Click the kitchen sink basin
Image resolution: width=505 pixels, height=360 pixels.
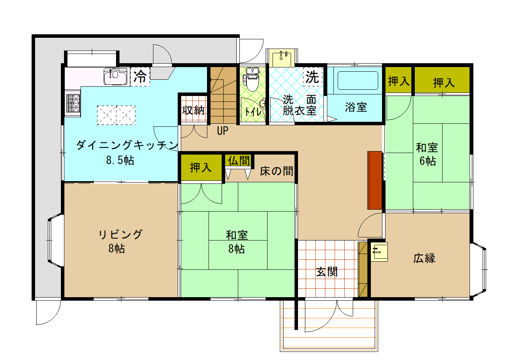(x=115, y=76)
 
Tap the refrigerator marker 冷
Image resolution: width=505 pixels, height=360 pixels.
(x=140, y=76)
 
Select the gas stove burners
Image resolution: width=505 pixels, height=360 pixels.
(x=73, y=103)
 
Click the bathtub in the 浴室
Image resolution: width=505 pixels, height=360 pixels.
(x=358, y=81)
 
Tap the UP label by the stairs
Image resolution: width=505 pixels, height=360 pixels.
(x=222, y=131)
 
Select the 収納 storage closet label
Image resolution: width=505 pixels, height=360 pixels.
(x=194, y=110)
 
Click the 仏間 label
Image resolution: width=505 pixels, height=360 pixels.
(x=239, y=160)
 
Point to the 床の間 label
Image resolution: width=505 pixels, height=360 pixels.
(x=276, y=171)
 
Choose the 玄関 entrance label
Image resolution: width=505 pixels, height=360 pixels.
(x=327, y=272)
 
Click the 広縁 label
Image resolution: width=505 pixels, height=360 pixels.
(x=424, y=258)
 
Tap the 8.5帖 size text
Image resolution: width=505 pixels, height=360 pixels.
(x=120, y=160)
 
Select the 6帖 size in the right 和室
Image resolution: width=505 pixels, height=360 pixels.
(x=428, y=161)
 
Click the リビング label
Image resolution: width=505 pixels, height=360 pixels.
(x=120, y=234)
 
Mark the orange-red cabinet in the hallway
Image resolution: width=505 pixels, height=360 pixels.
(x=375, y=180)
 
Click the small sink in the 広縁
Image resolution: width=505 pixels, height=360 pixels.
(x=379, y=252)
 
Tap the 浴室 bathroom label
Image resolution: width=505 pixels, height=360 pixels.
(x=356, y=107)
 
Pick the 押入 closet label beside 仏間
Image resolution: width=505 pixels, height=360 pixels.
(x=200, y=168)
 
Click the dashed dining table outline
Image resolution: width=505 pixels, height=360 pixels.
(x=116, y=115)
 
